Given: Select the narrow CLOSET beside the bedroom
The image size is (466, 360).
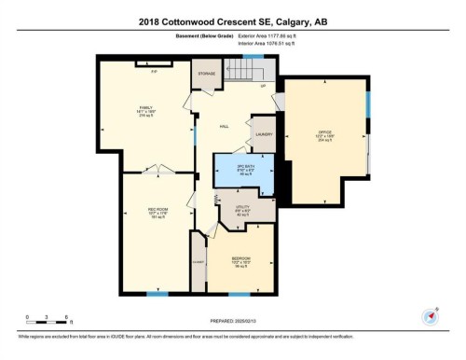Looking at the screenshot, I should pyautogui.click(x=197, y=263).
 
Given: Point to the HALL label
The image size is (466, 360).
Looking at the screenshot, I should pyautogui.click(x=224, y=125).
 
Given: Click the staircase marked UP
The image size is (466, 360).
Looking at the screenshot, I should pyautogui.click(x=250, y=70).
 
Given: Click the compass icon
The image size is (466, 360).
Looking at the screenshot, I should pyautogui.click(x=431, y=315).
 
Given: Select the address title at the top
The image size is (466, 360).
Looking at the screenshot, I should pyautogui.click(x=232, y=21).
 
